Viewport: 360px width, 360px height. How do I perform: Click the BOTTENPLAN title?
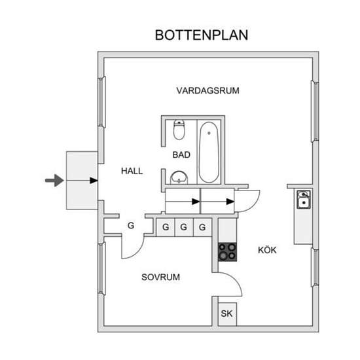[x=202, y=35]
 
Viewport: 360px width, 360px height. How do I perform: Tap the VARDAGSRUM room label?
[x=207, y=91]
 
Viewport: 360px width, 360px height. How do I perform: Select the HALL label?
[x=132, y=171]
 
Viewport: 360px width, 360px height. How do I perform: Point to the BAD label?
[x=181, y=155]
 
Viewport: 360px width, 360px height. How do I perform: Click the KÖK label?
[x=267, y=250]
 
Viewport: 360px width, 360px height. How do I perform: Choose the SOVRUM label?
[x=160, y=277]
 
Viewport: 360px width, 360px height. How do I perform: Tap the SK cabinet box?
[x=227, y=314]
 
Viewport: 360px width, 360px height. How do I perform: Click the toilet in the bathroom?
[x=179, y=130]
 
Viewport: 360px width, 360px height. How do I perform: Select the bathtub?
[x=209, y=153]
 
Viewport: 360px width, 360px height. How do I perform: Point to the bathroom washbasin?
[x=179, y=177]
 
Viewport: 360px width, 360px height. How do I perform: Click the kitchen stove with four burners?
[x=227, y=252]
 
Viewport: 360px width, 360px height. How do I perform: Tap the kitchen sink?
[x=304, y=199]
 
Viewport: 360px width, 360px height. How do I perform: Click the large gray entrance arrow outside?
[x=54, y=181]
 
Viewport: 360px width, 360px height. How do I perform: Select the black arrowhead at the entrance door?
[x=94, y=181]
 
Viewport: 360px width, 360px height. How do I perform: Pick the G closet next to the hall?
[x=131, y=226]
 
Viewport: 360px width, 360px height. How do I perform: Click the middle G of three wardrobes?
[x=183, y=227]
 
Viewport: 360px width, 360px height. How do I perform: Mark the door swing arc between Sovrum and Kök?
[x=236, y=281]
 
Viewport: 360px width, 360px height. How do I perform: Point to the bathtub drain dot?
[x=209, y=133]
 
